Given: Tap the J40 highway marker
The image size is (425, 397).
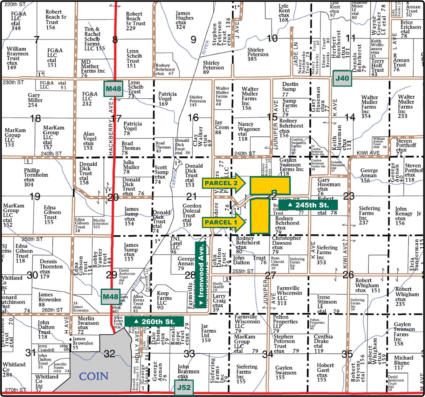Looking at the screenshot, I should click(x=342, y=78).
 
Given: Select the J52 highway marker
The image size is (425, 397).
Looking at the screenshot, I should click(x=184, y=388).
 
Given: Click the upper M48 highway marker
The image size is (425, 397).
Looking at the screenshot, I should click(x=113, y=89).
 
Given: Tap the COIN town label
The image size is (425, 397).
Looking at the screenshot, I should click(x=94, y=376).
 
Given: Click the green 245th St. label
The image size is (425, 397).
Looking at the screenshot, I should click(x=308, y=205).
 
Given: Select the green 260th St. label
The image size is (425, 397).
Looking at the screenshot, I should click(x=155, y=321).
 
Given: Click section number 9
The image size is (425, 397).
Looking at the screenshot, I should click(x=193, y=40).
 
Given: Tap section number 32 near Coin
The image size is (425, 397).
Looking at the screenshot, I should click(x=109, y=354).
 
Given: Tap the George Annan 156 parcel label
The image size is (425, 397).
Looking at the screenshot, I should click(x=369, y=175).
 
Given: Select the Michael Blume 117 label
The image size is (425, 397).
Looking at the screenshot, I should click(x=403, y=363).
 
